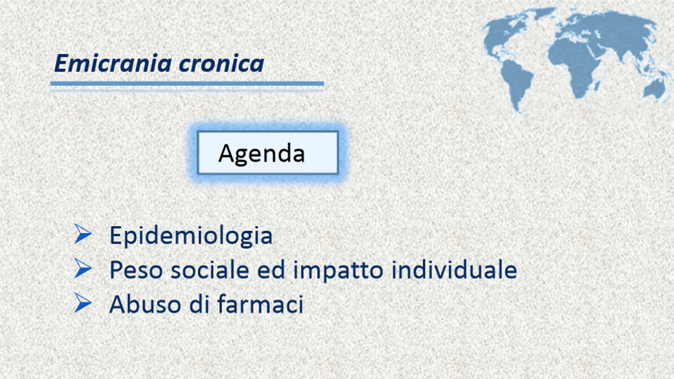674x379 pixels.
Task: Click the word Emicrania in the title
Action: click(x=113, y=63)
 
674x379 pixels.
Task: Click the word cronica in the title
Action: click(x=221, y=64)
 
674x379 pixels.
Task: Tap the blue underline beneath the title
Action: click(x=187, y=84)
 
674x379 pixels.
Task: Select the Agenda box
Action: click(x=268, y=152)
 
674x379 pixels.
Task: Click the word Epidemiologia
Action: click(x=191, y=236)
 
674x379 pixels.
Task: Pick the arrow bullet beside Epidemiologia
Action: click(x=83, y=234)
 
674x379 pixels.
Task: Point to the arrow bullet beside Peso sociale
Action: click(x=83, y=268)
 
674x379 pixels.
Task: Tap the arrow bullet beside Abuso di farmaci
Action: click(x=83, y=302)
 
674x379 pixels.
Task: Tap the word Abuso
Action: click(x=145, y=304)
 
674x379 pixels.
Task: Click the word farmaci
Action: click(x=260, y=304)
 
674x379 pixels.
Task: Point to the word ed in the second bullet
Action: click(x=271, y=270)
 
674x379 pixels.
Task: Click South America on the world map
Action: click(x=518, y=84)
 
